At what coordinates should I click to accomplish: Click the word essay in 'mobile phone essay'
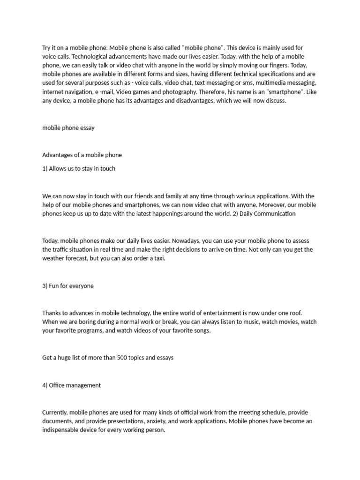[86, 127]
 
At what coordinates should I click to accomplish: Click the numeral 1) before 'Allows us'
[45, 168]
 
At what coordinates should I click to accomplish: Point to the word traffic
[61, 249]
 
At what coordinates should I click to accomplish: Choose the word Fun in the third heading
[54, 285]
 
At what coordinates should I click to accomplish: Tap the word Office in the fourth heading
[58, 385]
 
